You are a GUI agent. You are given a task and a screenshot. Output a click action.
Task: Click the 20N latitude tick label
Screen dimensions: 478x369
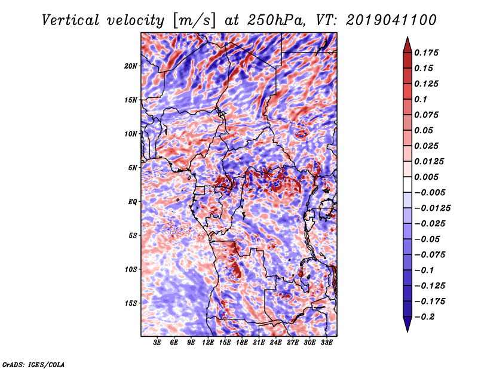click(x=131, y=66)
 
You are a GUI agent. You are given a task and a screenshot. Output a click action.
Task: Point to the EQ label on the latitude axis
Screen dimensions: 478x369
click(x=133, y=202)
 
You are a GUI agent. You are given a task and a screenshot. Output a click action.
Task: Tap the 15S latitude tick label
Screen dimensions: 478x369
click(x=131, y=303)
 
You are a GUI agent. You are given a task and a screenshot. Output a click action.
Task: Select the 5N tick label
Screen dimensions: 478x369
click(x=133, y=168)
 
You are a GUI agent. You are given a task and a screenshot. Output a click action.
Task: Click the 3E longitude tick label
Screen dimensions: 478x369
click(x=157, y=343)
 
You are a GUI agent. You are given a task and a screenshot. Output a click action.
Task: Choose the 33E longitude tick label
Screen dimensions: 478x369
click(x=326, y=343)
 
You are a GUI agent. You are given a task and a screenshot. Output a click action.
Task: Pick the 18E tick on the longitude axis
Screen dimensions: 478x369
click(x=242, y=343)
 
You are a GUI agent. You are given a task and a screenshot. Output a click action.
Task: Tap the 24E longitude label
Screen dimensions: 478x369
click(x=275, y=343)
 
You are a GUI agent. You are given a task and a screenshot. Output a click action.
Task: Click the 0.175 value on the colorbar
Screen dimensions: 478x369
click(x=426, y=53)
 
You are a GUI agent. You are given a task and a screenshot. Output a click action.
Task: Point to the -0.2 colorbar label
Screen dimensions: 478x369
click(x=425, y=317)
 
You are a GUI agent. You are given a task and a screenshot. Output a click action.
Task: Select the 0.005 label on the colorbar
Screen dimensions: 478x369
click(x=426, y=177)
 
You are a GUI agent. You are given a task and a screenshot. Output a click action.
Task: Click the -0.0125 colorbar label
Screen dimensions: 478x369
click(x=433, y=208)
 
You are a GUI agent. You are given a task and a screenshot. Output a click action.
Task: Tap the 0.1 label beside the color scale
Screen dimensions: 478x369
click(x=421, y=99)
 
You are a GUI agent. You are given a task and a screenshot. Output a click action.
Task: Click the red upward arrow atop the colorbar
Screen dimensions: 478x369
click(x=407, y=45)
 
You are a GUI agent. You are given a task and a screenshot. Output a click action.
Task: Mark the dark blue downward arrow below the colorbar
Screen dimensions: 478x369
click(x=407, y=324)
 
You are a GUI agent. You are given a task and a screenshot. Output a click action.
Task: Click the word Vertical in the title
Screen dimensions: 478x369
click(x=71, y=20)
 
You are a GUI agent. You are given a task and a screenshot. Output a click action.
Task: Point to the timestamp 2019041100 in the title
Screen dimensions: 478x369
click(x=391, y=20)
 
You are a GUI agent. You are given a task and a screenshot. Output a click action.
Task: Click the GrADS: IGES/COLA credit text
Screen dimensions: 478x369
click(x=33, y=364)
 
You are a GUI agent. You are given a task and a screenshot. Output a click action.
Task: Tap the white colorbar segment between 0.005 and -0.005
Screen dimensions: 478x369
click(x=407, y=184)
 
